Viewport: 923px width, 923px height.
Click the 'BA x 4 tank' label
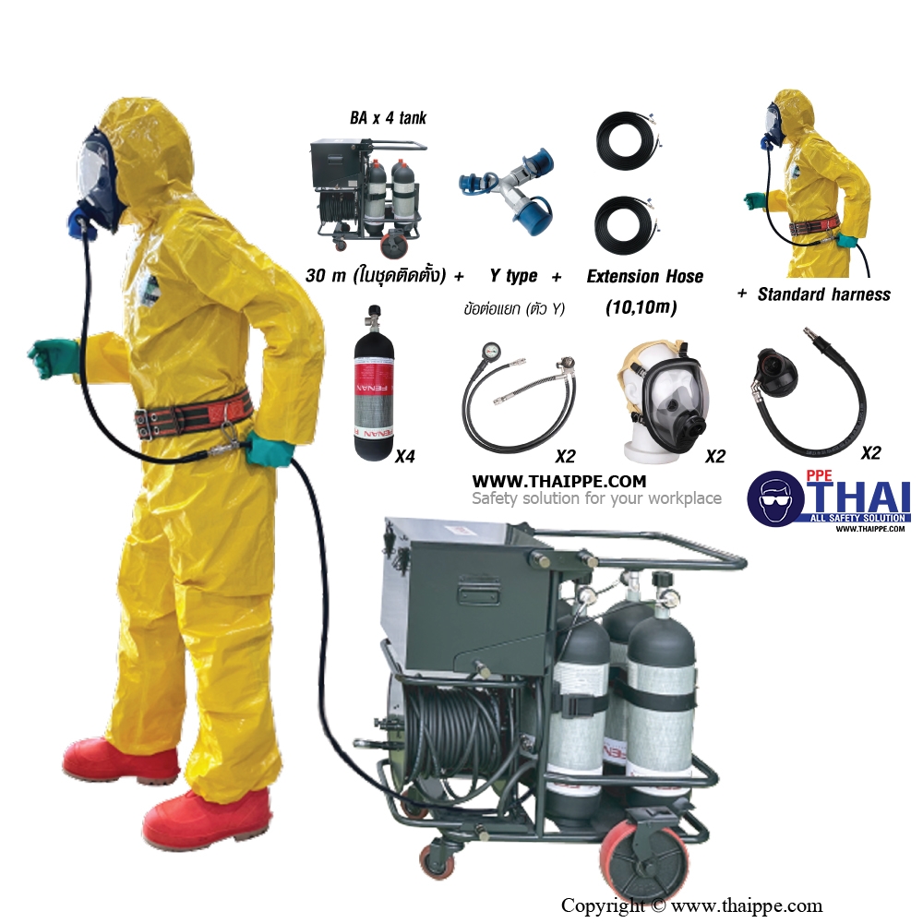pos(388,118)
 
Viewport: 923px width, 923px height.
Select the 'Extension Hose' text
pos(644,276)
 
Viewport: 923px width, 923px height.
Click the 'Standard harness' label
pos(823,294)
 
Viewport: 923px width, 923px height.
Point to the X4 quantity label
pos(405,456)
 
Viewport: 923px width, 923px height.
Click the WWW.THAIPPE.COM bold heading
pos(558,482)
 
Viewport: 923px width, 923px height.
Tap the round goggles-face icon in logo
pos(776,498)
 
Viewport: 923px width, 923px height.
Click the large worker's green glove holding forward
pos(53,357)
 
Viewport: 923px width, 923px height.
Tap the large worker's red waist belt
pos(193,416)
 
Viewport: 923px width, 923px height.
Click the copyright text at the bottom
pos(691,905)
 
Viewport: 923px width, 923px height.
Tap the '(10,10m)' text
pos(641,306)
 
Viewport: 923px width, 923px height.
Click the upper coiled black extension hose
pos(627,140)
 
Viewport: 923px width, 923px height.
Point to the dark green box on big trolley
pos(468,594)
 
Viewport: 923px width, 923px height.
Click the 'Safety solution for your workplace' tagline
pos(596,498)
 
